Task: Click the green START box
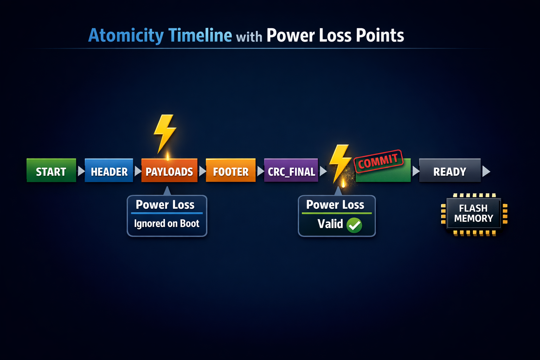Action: click(x=51, y=170)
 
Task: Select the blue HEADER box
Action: click(x=109, y=170)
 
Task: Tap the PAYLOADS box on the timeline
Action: click(x=169, y=170)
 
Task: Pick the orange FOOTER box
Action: click(x=231, y=170)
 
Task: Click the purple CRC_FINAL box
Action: click(x=291, y=170)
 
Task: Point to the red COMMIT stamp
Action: click(x=379, y=161)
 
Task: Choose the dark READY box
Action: click(x=450, y=170)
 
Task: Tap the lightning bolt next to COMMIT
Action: click(x=340, y=163)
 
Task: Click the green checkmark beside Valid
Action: click(x=354, y=225)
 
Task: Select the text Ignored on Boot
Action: click(x=167, y=224)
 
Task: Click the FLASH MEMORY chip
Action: click(x=474, y=214)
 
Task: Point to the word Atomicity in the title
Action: click(x=126, y=36)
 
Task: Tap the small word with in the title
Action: click(x=249, y=37)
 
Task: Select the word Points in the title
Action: click(x=380, y=35)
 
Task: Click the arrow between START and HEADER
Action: click(x=81, y=171)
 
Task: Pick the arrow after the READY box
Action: click(x=486, y=171)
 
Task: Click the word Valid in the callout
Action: click(x=330, y=224)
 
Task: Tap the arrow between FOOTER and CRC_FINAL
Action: click(x=261, y=171)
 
